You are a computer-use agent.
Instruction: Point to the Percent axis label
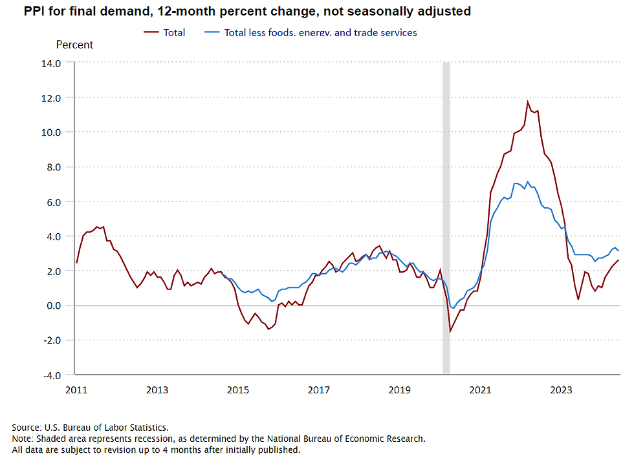point(74,45)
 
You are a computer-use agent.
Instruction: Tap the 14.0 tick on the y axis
point(51,63)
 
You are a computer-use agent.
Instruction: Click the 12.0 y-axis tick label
point(51,98)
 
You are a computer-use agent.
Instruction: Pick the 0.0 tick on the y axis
point(54,306)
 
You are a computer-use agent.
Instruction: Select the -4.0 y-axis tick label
point(52,375)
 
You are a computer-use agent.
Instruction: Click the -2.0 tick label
point(52,340)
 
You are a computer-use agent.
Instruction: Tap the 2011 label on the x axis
point(76,389)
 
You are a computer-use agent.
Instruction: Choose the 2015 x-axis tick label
point(238,389)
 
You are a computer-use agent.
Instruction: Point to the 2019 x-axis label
point(399,389)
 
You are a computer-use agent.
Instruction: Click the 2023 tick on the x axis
point(561,389)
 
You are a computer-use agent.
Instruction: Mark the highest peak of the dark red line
point(528,101)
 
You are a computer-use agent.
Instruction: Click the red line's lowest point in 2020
point(450,331)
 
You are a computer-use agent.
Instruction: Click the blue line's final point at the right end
point(618,251)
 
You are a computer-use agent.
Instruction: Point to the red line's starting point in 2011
point(76,263)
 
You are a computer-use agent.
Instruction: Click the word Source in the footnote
point(26,427)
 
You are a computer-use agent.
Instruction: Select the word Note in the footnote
point(22,439)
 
